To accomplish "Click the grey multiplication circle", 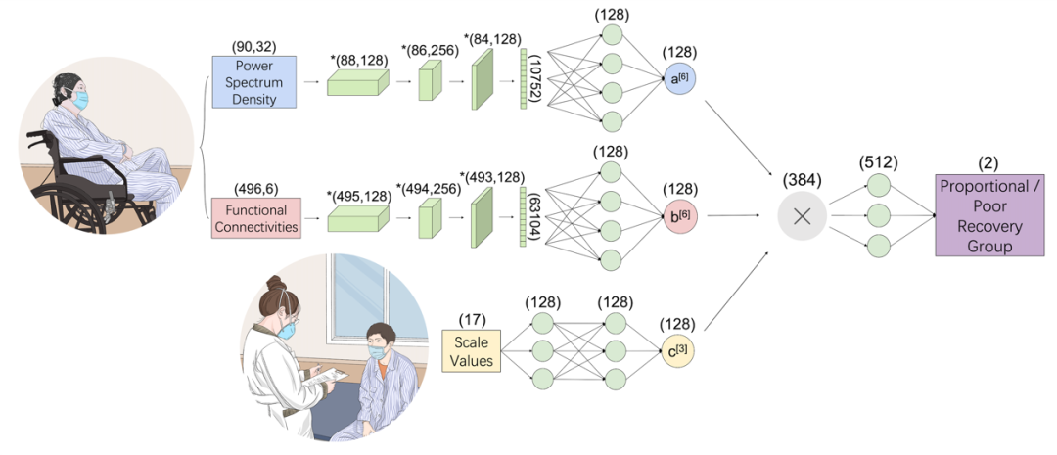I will pos(802,217).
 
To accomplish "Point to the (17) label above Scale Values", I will pos(471,319).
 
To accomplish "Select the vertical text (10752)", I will pos(536,83).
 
